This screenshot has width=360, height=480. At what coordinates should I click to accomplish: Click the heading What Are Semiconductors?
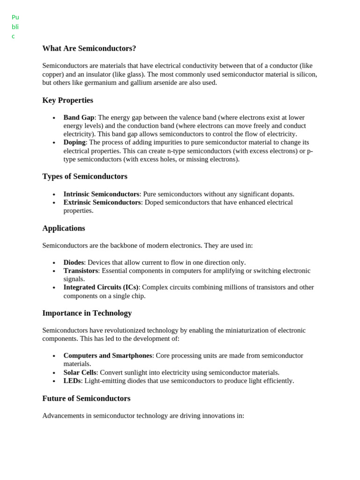click(x=89, y=48)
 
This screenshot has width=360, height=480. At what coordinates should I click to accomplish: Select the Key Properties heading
click(x=67, y=100)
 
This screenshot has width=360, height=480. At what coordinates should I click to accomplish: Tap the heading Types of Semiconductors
click(x=85, y=176)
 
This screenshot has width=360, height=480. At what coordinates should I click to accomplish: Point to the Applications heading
click(x=64, y=228)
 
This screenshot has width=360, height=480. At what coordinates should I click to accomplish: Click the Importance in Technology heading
click(x=87, y=313)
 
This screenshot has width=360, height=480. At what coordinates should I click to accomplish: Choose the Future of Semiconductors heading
click(x=86, y=398)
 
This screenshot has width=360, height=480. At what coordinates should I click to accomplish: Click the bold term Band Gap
click(x=79, y=118)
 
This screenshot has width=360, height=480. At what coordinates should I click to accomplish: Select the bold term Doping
click(x=75, y=142)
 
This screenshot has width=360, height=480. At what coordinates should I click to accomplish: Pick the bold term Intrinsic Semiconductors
click(x=101, y=194)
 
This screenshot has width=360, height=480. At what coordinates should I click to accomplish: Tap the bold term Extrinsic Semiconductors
click(x=102, y=202)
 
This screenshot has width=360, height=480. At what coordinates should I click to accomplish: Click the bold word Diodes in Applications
click(x=74, y=262)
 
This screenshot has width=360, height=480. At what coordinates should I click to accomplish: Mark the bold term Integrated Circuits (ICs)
click(x=101, y=287)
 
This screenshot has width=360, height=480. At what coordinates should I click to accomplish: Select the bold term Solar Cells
click(x=80, y=373)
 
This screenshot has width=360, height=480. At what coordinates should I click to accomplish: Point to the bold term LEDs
click(x=72, y=381)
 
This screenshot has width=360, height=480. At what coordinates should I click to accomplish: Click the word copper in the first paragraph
click(x=53, y=75)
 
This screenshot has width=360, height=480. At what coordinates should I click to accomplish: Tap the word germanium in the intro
click(x=100, y=83)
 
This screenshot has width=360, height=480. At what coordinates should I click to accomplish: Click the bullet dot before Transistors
click(x=54, y=271)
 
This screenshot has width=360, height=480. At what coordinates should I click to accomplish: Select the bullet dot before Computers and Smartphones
click(x=54, y=356)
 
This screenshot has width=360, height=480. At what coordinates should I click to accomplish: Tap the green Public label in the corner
click(x=15, y=27)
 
